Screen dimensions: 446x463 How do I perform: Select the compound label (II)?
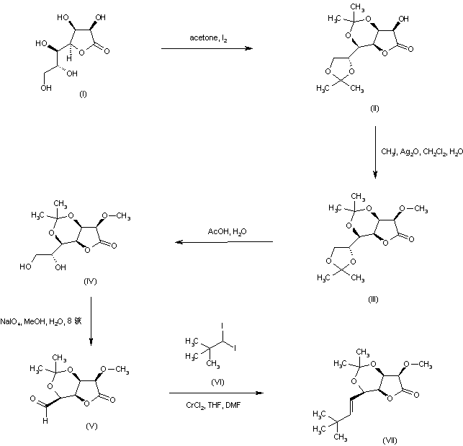[374, 108]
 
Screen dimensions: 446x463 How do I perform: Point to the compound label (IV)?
[90, 281]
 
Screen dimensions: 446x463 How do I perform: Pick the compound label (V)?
[91, 427]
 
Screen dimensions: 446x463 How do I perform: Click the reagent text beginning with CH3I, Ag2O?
[421, 151]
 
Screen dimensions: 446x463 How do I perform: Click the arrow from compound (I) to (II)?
[207, 48]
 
